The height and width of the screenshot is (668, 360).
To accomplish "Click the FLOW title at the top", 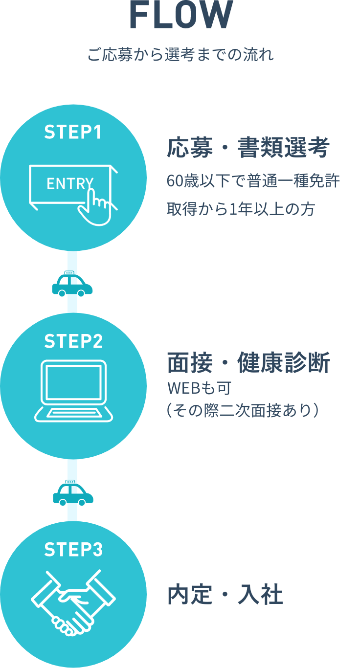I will [x=180, y=15].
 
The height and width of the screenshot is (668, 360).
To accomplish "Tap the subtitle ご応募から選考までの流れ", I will [x=180, y=54].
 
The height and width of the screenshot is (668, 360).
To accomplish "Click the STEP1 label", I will [x=73, y=132].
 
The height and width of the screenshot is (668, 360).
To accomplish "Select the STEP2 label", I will [x=73, y=341].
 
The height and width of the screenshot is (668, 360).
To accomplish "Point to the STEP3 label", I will [x=73, y=550].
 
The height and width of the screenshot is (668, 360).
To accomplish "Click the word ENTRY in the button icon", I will [x=69, y=184].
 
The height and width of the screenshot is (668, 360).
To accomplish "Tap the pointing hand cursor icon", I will [x=97, y=205].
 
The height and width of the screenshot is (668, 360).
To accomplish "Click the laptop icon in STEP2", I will [x=73, y=391].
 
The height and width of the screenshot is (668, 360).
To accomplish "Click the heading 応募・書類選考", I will [x=248, y=148].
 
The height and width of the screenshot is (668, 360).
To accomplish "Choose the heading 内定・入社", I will [x=225, y=595].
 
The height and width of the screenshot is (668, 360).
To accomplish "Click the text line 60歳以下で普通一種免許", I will [x=253, y=181].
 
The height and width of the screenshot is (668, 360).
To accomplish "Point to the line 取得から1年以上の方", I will [x=240, y=209].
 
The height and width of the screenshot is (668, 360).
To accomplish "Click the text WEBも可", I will [x=199, y=389].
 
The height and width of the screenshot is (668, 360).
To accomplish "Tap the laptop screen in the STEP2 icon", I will [x=73, y=382].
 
